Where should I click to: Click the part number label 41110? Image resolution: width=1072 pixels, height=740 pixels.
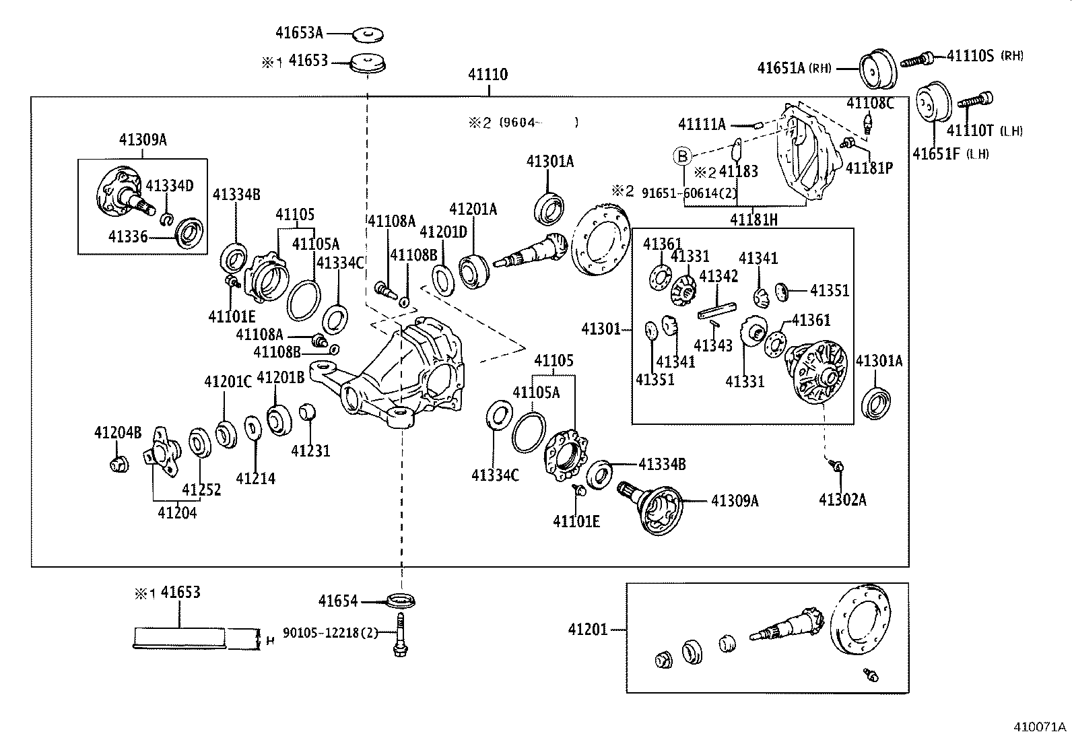tap(488, 74)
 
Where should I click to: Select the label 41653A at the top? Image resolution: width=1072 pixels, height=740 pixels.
tap(299, 32)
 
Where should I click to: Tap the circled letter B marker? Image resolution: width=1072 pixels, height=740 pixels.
tap(683, 157)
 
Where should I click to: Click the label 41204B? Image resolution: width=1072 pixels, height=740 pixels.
tap(118, 432)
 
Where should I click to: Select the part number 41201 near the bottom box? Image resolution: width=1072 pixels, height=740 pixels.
tap(588, 629)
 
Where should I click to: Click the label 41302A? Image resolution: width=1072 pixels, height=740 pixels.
tap(842, 499)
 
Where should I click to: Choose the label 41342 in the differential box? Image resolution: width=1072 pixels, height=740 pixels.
tap(718, 276)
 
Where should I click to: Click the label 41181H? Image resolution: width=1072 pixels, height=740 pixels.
tap(754, 219)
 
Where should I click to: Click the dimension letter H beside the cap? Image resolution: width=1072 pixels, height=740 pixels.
tap(271, 640)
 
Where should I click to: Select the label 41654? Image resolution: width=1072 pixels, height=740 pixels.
tap(338, 601)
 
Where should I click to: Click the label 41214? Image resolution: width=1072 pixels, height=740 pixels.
tap(255, 478)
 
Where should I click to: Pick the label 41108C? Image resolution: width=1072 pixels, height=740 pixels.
tap(870, 102)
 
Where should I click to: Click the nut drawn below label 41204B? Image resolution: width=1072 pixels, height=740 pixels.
tap(119, 463)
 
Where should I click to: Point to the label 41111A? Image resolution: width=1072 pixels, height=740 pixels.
tap(702, 124)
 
